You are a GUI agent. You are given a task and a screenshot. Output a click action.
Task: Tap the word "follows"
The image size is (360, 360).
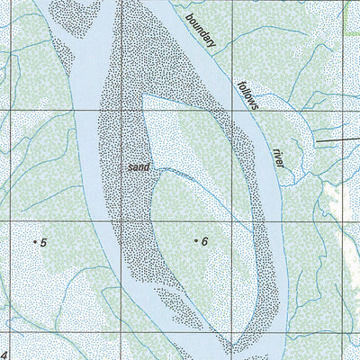click(247, 95)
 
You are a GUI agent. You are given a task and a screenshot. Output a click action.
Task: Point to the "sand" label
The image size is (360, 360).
click(138, 167)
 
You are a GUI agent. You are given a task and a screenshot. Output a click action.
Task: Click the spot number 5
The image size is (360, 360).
click(42, 242)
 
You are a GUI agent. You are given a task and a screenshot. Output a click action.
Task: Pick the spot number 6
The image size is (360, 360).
click(204, 242)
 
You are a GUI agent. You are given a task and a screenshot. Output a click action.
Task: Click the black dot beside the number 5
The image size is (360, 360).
click(34, 242)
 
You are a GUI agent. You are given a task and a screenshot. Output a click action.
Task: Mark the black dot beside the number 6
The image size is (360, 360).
click(195, 241)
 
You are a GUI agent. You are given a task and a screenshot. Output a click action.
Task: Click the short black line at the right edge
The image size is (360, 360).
click(337, 139)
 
